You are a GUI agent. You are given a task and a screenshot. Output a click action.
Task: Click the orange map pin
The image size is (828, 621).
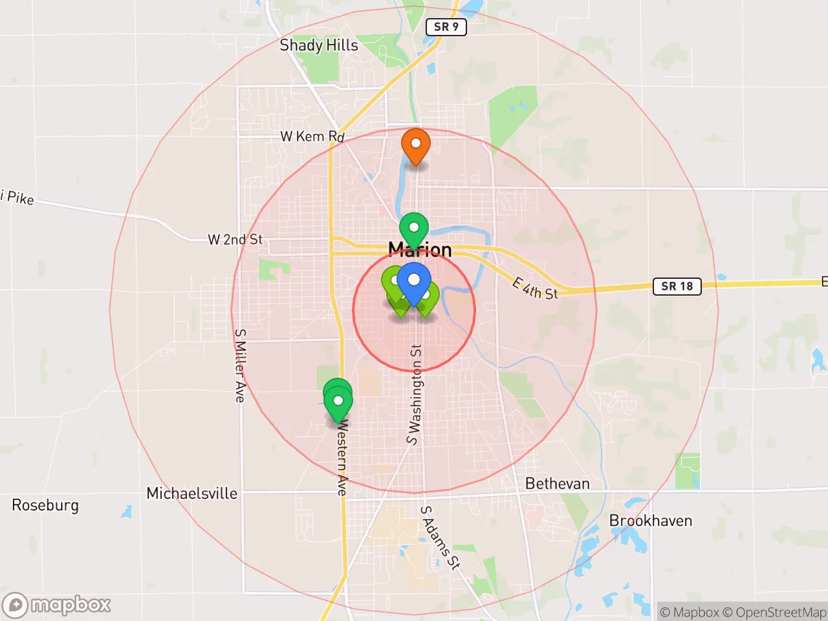click(416, 146)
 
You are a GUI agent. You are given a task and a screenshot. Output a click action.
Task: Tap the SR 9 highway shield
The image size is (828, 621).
click(446, 27)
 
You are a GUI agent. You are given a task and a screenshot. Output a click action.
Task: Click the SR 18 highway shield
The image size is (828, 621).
click(677, 286)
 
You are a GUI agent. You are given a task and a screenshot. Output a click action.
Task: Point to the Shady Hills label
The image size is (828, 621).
click(319, 45)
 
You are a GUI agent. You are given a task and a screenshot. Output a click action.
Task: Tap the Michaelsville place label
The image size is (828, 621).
click(192, 494)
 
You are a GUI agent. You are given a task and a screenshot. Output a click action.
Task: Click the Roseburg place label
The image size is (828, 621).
click(45, 505)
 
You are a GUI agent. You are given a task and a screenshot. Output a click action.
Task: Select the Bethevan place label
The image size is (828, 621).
click(558, 484)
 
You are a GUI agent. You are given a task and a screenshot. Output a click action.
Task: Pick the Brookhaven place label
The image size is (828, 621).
click(651, 521)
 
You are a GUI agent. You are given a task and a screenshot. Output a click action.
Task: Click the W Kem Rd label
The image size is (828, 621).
click(312, 136)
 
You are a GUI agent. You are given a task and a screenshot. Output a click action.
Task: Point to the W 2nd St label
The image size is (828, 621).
click(235, 240)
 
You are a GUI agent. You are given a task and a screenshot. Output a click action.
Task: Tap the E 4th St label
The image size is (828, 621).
click(535, 289)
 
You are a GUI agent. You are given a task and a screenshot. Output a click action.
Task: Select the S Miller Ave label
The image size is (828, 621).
click(240, 365)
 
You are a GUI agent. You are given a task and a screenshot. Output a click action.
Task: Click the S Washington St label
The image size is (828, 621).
click(415, 395)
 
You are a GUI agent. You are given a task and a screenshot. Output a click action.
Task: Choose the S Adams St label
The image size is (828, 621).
click(441, 538)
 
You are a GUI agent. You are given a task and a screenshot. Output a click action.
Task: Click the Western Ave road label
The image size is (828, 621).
click(342, 458)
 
